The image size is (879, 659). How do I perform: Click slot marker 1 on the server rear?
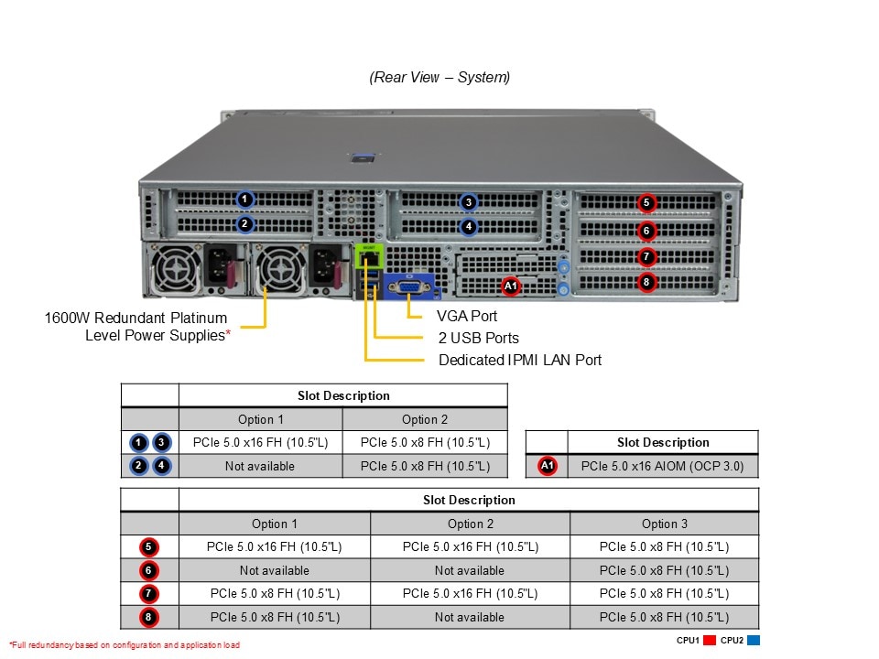244,199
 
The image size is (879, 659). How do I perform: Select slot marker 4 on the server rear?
468,226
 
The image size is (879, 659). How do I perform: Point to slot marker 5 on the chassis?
646,202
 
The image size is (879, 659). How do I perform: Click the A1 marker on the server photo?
511,286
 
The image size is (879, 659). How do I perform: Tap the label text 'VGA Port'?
467,316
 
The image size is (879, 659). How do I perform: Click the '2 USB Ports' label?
478,338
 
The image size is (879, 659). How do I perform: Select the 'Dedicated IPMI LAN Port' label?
520,360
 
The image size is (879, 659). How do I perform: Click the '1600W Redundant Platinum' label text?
136,319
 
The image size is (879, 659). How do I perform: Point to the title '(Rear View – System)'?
439,78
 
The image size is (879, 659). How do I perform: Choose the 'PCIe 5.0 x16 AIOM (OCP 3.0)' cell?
663,466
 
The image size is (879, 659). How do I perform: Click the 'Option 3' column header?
664,524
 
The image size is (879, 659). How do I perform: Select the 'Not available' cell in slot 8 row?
469,617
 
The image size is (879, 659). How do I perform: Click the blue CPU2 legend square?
754,641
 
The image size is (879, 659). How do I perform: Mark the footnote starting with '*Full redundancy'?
125,645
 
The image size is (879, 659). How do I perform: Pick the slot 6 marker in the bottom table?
148,570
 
